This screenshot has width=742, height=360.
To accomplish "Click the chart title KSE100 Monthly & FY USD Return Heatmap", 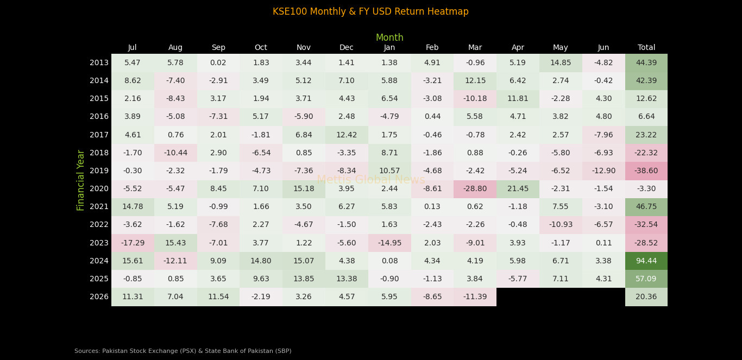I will (370, 12).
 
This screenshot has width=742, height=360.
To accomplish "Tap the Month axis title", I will (389, 38).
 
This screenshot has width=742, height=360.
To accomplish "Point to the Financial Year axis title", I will (81, 180).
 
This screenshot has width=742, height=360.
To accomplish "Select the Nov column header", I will (304, 48).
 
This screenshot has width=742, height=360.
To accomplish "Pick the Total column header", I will (646, 48).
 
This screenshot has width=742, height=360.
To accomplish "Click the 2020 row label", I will (99, 189).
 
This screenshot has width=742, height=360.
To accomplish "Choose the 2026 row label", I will (99, 297).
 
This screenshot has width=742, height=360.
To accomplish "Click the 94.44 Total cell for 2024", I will (646, 261).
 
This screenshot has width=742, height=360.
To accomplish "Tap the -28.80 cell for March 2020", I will (475, 189).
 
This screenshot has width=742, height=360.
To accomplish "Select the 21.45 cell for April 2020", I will (518, 189).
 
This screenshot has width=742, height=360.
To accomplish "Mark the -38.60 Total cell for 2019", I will (646, 171).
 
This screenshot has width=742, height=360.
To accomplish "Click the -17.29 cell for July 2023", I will (133, 243).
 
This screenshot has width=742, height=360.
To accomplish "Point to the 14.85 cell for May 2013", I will (561, 63).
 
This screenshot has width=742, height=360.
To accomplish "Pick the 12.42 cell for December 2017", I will (347, 135).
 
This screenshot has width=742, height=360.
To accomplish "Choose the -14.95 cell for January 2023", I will (389, 243).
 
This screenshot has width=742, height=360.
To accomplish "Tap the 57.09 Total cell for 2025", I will (646, 279).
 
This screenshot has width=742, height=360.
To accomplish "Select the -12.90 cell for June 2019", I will (603, 171).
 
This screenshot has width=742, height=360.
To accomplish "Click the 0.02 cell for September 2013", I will (218, 63).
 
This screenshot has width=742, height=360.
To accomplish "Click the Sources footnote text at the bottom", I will (183, 351).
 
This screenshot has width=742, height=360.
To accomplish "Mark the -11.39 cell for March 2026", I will (475, 297).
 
